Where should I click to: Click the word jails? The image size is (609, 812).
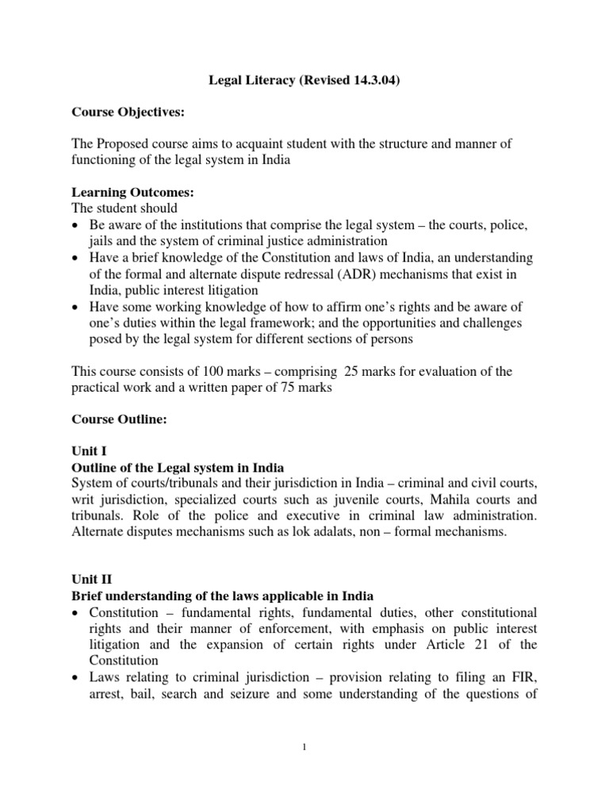pos(103,241)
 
